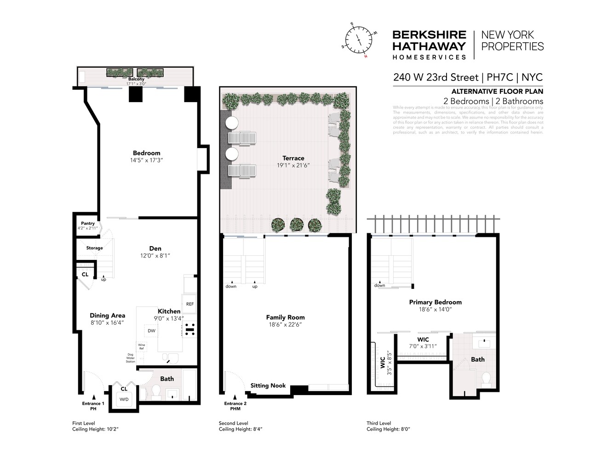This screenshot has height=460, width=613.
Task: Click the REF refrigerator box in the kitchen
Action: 189,304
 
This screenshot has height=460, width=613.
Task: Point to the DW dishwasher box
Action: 151,331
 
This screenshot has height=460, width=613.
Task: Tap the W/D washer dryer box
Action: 124,399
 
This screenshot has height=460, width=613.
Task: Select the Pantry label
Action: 88,223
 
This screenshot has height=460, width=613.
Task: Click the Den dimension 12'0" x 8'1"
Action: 155,256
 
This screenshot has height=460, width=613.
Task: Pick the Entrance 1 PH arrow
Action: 93,397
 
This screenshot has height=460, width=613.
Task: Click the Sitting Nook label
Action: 268,385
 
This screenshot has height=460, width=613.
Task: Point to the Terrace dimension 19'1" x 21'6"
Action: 293,165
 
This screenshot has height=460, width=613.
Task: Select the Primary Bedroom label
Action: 435,302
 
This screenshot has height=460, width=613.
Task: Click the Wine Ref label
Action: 141,346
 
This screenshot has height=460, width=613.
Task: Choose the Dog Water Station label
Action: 131,358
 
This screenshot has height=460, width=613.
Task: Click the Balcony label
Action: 136,79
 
